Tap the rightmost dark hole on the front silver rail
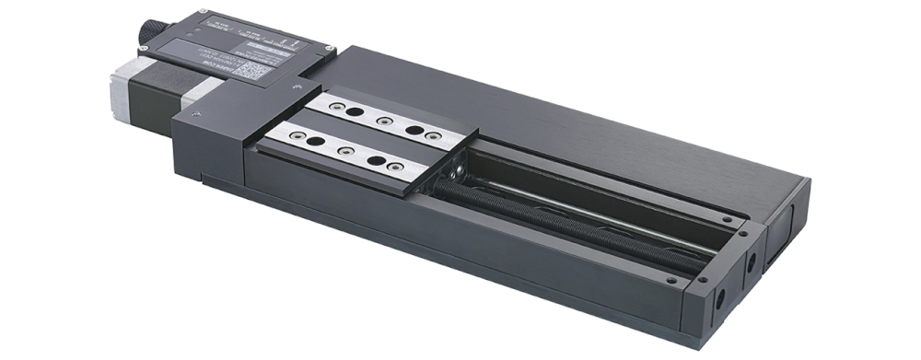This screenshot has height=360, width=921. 376,161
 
